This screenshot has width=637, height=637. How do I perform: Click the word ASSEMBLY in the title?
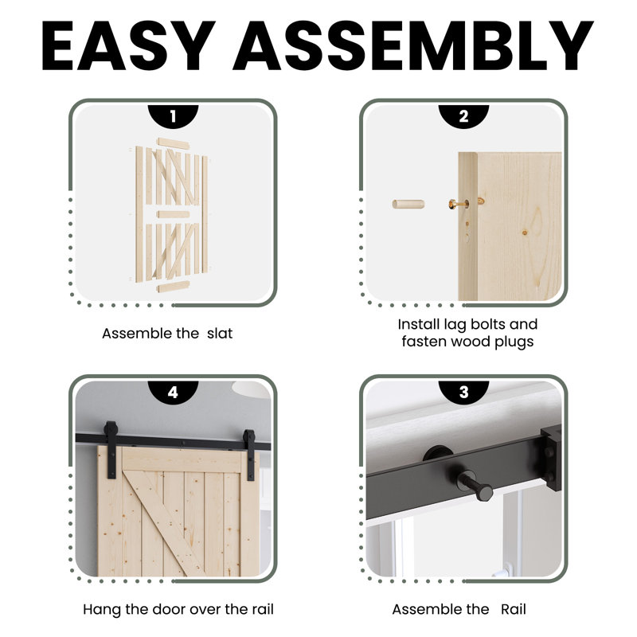tap(412, 45)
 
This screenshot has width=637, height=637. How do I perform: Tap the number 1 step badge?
tap(173, 116)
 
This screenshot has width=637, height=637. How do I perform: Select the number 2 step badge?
tap(463, 116)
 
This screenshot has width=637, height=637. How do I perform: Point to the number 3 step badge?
tap(463, 392)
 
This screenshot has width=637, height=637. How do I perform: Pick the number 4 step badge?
tap(173, 392)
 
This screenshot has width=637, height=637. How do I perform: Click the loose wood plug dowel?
tap(408, 204)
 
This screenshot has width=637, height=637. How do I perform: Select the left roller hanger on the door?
tap(111, 449)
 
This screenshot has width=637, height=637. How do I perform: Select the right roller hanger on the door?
tap(249, 455)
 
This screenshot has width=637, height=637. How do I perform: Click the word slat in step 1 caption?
tap(220, 334)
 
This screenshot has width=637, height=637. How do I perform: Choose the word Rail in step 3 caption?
tap(513, 609)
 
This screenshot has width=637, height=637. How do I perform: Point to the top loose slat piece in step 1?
tap(174, 144)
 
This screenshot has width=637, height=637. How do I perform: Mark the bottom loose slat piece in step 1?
tap(174, 287)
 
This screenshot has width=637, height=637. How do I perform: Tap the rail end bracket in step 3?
tap(552, 458)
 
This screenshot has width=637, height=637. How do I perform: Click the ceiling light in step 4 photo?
tap(251, 389)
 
